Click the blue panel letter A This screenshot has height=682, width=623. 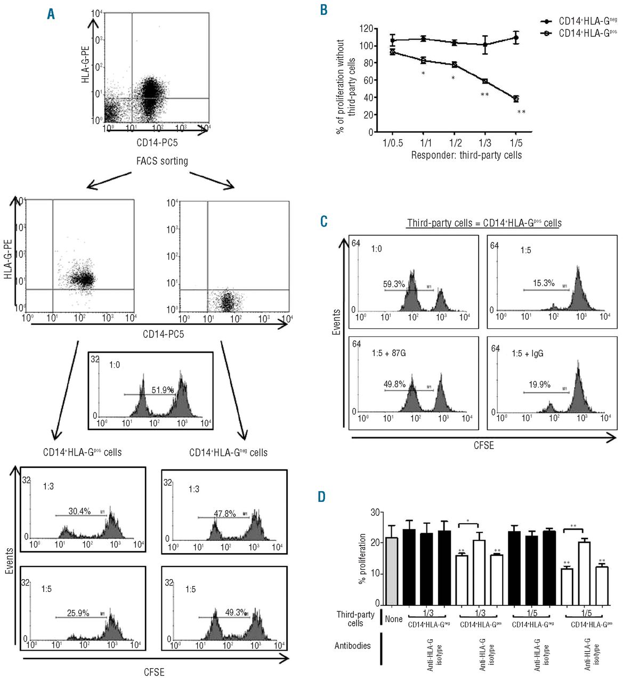coord(51,14)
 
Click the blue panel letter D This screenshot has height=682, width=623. coord(322,497)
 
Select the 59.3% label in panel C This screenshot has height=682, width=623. coord(394,285)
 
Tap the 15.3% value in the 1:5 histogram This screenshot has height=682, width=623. coord(544,283)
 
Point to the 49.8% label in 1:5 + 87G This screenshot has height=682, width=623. coord(395,384)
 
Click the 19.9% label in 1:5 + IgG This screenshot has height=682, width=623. coord(539,385)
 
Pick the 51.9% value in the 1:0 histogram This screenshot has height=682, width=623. coord(163,390)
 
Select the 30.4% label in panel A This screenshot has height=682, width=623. coord(79,511)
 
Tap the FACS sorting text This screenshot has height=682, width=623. coord(162,161)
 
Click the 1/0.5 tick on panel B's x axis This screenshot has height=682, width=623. coord(393,143)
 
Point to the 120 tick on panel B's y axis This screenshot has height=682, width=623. coord(366,29)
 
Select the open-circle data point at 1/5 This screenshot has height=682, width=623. coord(516,99)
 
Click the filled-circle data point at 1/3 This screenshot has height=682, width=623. coord(485,44)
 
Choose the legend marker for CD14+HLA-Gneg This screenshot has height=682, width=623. coord(546,21)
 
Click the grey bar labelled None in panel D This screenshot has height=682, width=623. coord(392,571)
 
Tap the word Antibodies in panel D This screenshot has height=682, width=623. coord(352,646)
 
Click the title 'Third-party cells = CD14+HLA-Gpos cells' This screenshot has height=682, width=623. coord(484,223)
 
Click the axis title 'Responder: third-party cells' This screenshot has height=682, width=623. coord(466,155)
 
